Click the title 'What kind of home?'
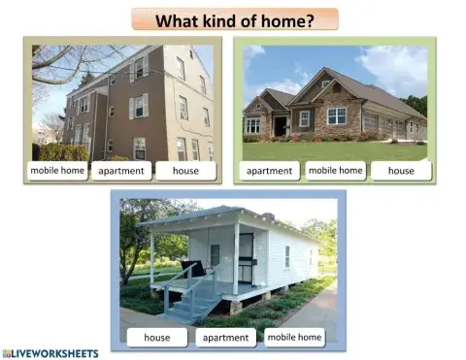point(235,20)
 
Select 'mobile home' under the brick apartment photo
point(57,171)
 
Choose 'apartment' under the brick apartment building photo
point(121,172)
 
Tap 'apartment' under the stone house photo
point(269,172)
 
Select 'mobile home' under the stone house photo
point(335,171)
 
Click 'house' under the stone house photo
point(400,172)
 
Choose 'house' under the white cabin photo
point(156,338)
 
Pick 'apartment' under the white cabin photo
point(225,338)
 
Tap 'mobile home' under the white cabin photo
point(294,337)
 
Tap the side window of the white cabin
point(287,256)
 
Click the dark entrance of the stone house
point(282,126)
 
